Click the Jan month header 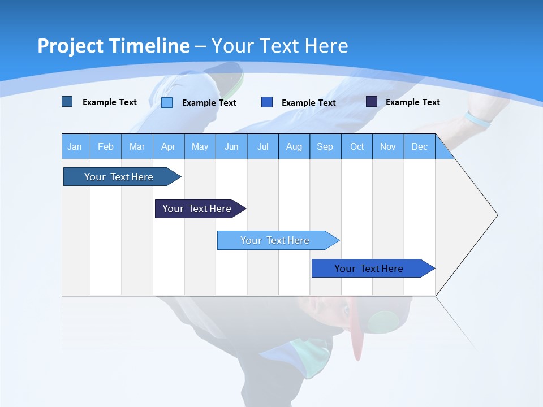pos(75,146)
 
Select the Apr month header pos(168,146)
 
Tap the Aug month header pos(294,146)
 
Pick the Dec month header pos(419,146)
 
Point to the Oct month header pos(357,146)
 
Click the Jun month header pos(231,146)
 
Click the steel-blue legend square pos(67,102)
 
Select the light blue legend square pos(167,102)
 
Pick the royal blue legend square pos(267,102)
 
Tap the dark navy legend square pos(372,102)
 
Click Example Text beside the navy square pos(412,102)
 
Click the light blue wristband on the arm pos(477,119)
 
